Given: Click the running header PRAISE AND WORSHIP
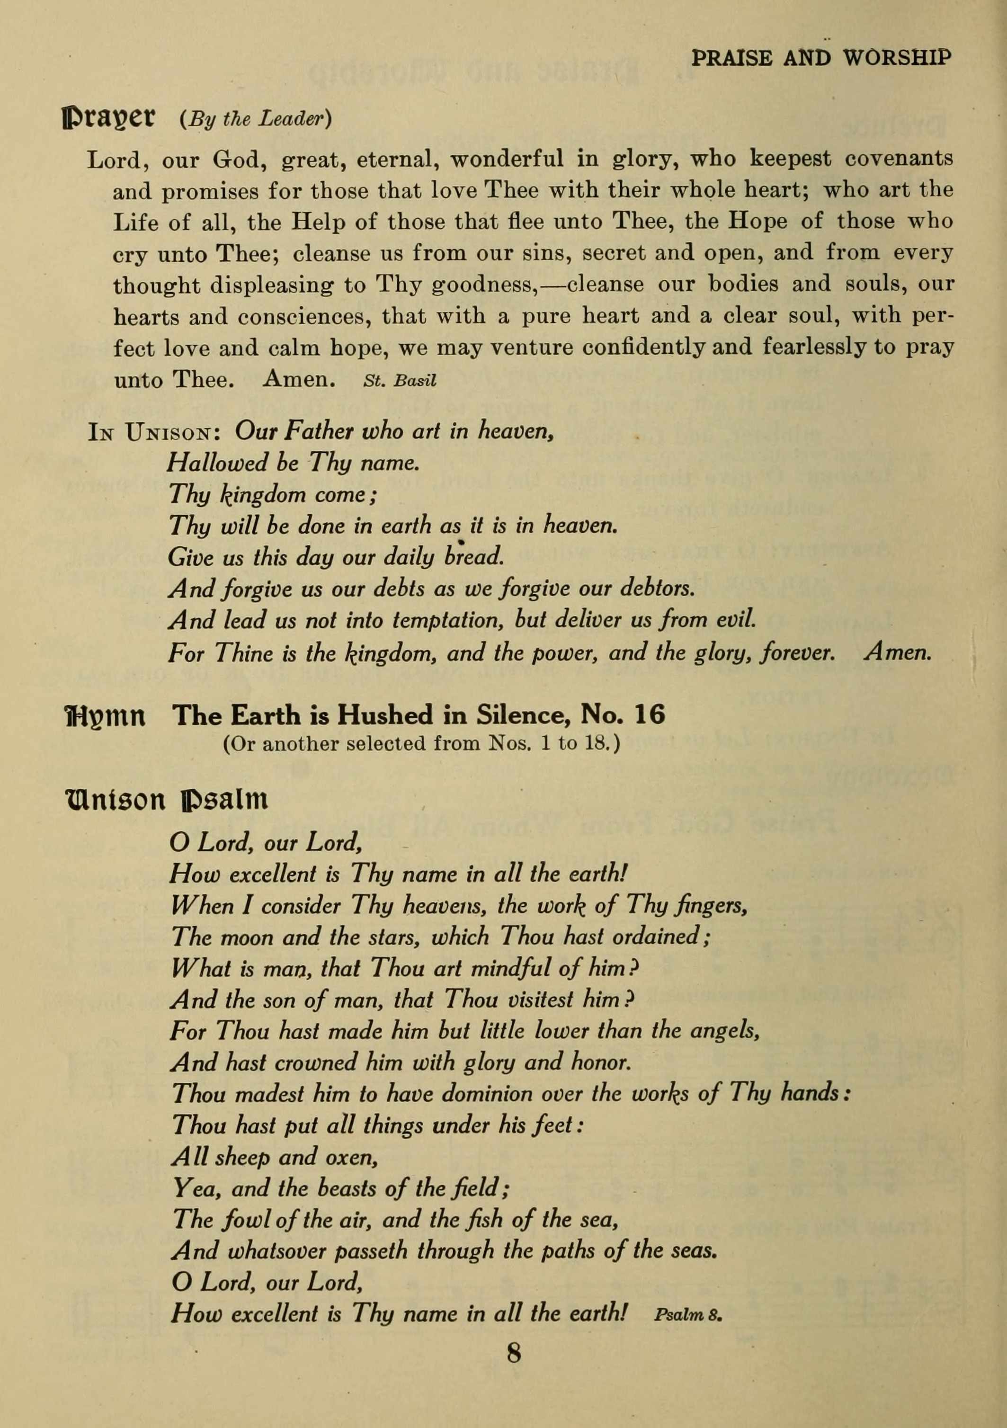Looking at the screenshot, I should point(821,58).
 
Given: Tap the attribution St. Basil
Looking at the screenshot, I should point(399,381).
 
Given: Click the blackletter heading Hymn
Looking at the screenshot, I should point(105,716).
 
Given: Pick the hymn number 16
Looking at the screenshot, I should point(650,715).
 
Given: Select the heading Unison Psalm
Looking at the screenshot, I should point(166,801).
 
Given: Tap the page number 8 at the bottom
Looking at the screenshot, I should point(514,1352).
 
